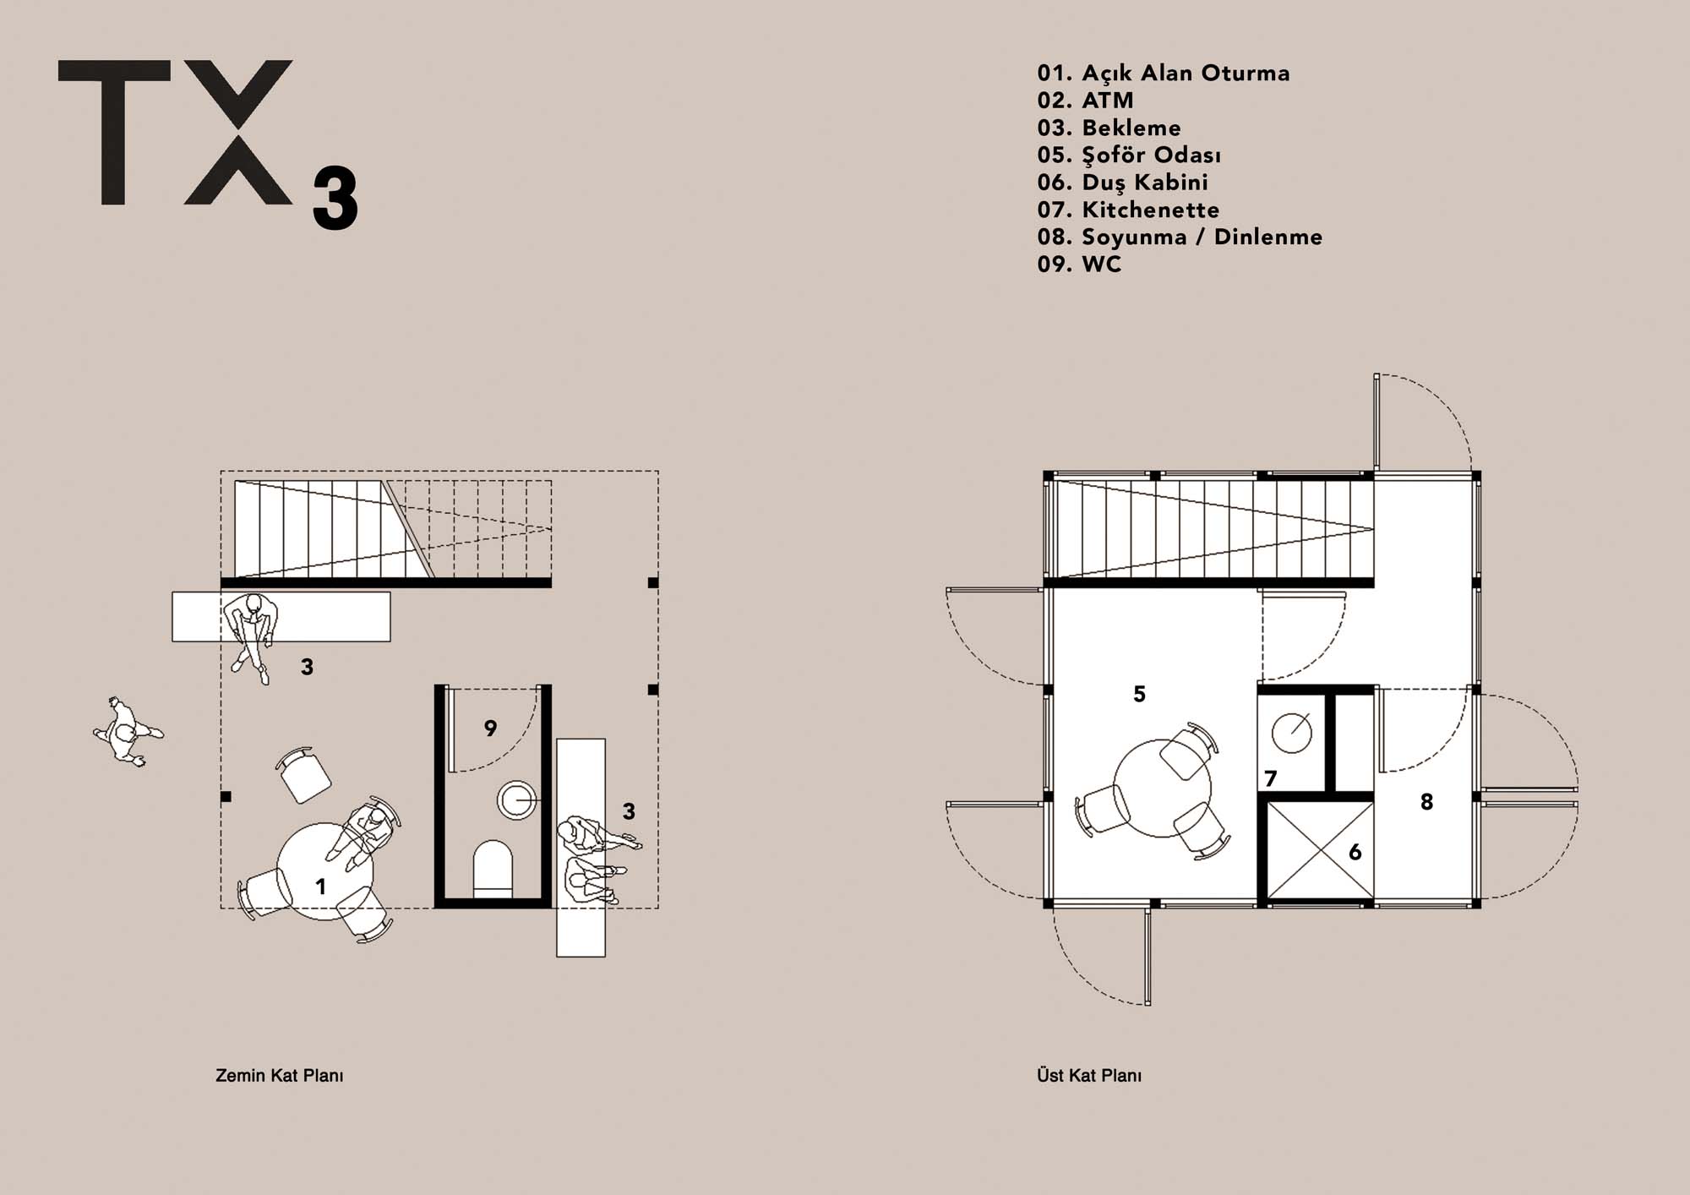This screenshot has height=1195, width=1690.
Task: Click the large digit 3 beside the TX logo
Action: [335, 199]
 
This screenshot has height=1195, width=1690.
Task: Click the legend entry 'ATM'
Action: [1108, 101]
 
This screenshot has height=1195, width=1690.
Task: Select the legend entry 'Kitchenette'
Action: [1151, 210]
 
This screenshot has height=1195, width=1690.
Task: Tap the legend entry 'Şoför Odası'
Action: [1152, 155]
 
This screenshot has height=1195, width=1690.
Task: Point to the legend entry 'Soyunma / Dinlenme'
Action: [1202, 237]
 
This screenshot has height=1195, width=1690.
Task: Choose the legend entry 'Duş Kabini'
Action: [1145, 183]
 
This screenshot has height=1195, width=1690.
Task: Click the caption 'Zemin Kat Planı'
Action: [280, 1076]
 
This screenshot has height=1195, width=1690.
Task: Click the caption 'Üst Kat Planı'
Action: [1089, 1076]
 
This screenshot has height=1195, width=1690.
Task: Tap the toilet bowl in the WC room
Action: [493, 867]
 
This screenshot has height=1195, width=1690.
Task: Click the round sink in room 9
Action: [517, 799]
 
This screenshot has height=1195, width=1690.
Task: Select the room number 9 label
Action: [490, 728]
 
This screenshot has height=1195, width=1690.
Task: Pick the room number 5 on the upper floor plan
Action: [1139, 694]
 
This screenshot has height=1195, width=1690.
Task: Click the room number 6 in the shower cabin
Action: [1355, 852]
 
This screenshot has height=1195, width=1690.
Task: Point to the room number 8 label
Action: [1426, 802]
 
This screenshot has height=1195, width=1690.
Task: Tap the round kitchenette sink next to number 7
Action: [1292, 732]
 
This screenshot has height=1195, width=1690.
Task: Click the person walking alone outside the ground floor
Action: [128, 732]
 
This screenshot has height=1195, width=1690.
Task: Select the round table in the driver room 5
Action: [1162, 788]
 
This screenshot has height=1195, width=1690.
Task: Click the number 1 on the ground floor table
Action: [320, 887]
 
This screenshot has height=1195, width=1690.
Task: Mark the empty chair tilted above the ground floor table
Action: [303, 774]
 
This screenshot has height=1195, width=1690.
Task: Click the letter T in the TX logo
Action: [113, 132]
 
